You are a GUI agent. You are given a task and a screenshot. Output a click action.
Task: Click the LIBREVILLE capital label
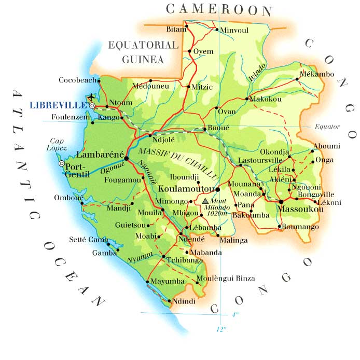(58, 105)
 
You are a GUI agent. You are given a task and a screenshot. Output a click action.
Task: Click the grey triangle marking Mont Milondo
(205, 200)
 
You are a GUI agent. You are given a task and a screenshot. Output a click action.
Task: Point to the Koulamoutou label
(187, 189)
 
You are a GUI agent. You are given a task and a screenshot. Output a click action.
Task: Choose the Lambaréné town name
(99, 155)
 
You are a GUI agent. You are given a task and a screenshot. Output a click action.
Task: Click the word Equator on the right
(327, 127)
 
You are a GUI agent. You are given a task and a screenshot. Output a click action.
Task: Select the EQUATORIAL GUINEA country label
(143, 52)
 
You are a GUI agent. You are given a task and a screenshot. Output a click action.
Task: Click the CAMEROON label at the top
(219, 9)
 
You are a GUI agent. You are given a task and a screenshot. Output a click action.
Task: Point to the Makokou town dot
(247, 99)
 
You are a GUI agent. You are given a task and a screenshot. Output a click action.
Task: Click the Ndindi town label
(184, 301)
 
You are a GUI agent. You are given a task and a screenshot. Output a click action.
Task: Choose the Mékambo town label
(317, 74)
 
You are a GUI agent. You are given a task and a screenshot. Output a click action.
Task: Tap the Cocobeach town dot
(100, 80)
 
